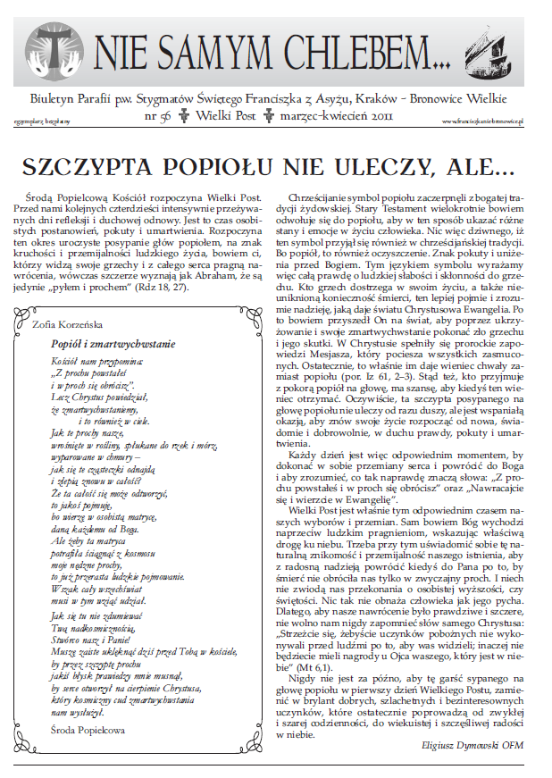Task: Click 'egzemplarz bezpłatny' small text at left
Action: [x=45, y=119]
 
